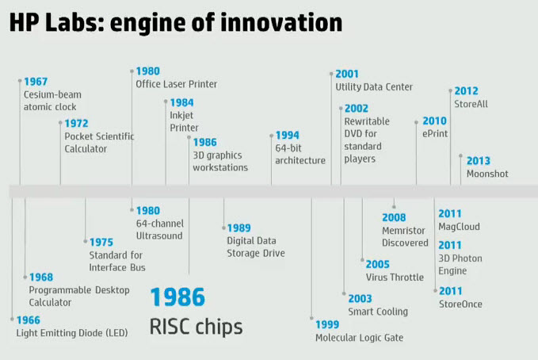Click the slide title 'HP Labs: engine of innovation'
(176, 23)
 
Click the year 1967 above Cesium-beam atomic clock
(36, 82)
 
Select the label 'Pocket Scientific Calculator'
(99, 143)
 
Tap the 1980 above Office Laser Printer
(148, 71)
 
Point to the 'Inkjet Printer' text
(185, 121)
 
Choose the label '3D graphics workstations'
(220, 162)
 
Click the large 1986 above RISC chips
(177, 297)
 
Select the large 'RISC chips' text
(196, 327)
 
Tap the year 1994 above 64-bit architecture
(288, 136)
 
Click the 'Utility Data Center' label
(374, 87)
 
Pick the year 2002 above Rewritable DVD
(357, 109)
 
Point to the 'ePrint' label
(435, 134)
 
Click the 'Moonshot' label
(487, 174)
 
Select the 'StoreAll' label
(471, 104)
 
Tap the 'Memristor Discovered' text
(405, 236)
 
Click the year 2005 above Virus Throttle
(378, 265)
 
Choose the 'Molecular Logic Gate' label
(359, 338)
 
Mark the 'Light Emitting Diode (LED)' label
(72, 333)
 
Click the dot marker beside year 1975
(86, 242)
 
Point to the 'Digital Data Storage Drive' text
(256, 247)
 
